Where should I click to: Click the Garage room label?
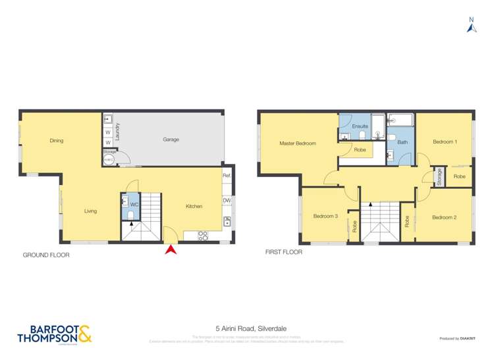[171, 140]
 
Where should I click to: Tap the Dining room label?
[56, 140]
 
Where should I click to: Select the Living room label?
[90, 211]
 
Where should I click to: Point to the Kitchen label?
[194, 207]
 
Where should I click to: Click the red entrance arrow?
[171, 250]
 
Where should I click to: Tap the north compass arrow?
[471, 26]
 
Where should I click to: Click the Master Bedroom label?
[298, 143]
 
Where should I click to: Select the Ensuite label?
[360, 126]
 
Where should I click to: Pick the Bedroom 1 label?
[445, 142]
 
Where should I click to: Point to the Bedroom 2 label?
[445, 217]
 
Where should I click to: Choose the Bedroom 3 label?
[325, 217]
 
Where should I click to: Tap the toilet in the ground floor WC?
[130, 215]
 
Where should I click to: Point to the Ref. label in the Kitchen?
[227, 176]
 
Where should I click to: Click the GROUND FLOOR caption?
[46, 254]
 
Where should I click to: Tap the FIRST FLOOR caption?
[284, 252]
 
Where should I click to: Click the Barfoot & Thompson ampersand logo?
[85, 334]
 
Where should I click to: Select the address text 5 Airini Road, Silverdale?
[246, 328]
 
